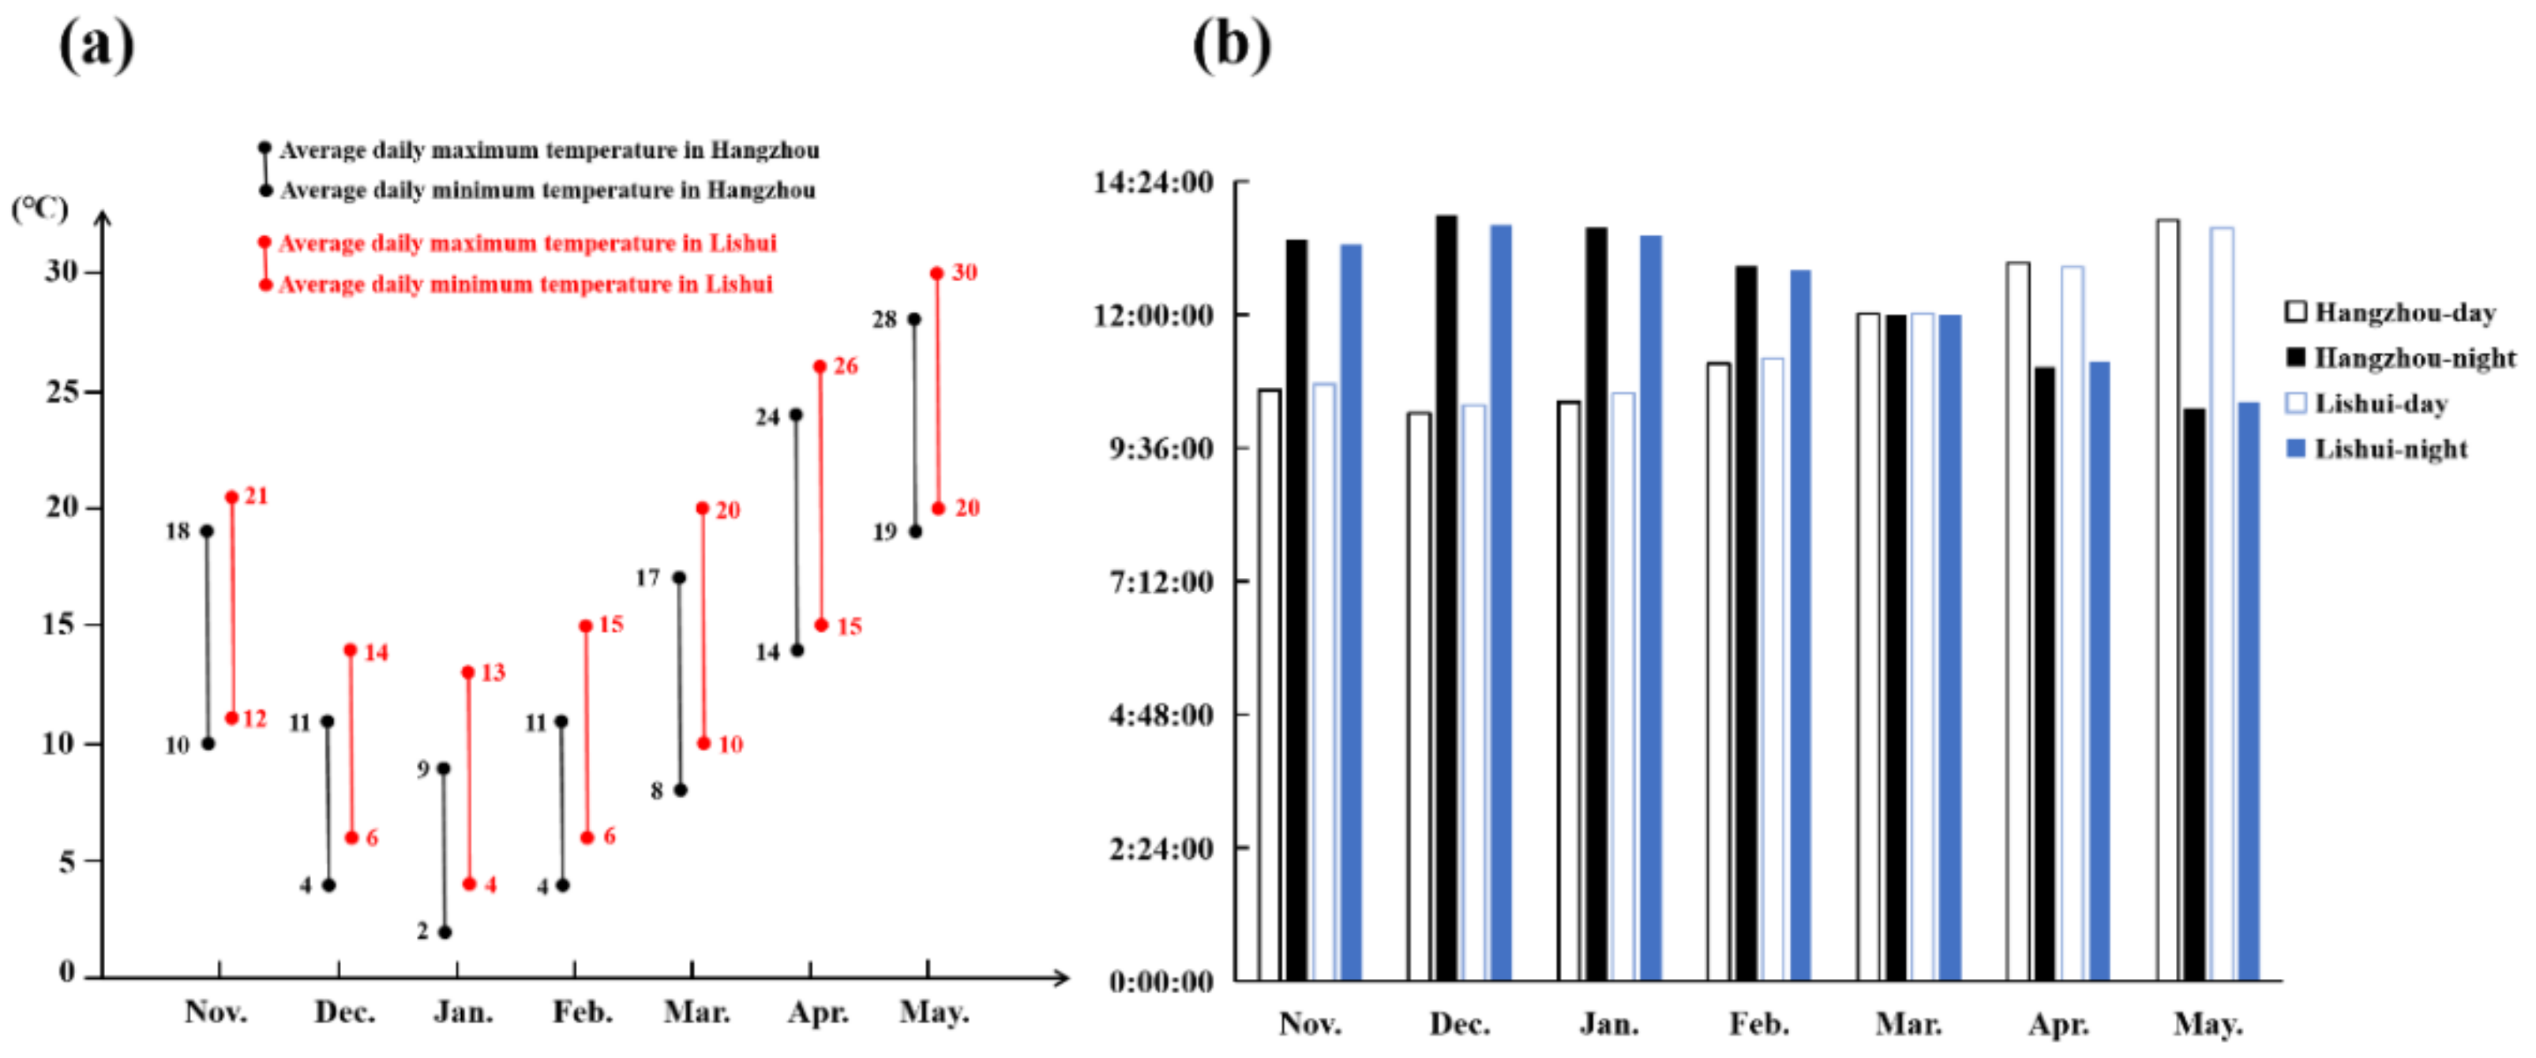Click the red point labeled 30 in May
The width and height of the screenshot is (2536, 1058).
[x=936, y=274]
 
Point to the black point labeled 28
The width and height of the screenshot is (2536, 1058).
[x=913, y=319]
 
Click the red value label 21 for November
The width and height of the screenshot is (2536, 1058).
[x=256, y=496]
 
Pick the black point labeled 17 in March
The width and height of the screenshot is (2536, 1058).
[x=679, y=578]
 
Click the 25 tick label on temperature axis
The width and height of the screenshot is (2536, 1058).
[x=62, y=392]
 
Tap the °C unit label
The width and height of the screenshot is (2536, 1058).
[x=39, y=208]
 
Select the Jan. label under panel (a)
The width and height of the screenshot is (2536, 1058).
[x=463, y=1011]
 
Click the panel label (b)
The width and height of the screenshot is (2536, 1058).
[x=1231, y=44]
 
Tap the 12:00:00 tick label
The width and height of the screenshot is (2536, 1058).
[x=1153, y=316]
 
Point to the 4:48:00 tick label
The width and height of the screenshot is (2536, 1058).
[x=1161, y=715]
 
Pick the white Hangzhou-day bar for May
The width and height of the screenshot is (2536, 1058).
[x=2168, y=599]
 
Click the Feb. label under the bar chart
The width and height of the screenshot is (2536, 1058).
[x=1759, y=1025]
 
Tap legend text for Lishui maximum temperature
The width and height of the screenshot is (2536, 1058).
[x=527, y=243]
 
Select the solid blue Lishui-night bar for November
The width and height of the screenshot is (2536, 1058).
[x=1351, y=611]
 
